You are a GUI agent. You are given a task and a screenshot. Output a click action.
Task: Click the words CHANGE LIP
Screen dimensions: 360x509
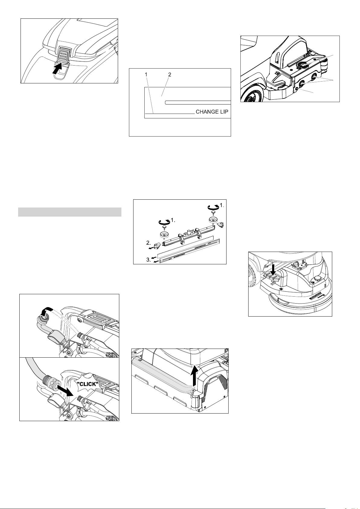(x=212, y=112)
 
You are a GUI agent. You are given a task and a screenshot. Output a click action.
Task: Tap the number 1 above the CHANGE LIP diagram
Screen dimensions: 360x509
(x=146, y=74)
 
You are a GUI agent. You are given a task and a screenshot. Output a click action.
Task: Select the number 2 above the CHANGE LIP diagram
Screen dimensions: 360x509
(x=169, y=74)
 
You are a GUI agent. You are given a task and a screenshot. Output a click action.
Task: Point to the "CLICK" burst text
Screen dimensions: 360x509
(x=88, y=384)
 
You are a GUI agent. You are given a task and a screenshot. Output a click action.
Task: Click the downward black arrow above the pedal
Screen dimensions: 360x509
(x=273, y=269)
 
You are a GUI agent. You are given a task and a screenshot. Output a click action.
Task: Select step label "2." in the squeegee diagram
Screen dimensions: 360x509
(x=148, y=243)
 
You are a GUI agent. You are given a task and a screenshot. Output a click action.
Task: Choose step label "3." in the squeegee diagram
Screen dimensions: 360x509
(x=148, y=260)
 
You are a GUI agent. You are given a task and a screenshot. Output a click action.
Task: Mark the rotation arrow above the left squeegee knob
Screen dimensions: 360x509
(x=164, y=221)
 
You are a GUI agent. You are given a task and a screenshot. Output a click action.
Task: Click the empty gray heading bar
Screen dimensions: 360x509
(x=70, y=212)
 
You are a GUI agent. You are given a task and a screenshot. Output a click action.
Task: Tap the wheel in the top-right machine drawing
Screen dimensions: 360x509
(x=251, y=96)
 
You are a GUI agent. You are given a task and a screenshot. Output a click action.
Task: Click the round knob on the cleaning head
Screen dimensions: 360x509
(x=316, y=279)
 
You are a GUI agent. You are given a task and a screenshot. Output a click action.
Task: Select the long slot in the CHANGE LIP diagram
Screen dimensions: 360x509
(x=198, y=102)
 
